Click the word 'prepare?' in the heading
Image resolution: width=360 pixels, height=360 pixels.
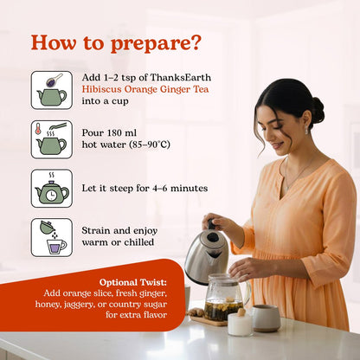pyautogui.click(x=155, y=44)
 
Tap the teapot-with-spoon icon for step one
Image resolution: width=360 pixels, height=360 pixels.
pyautogui.click(x=52, y=90)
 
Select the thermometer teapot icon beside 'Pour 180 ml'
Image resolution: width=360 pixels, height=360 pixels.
pyautogui.click(x=52, y=139)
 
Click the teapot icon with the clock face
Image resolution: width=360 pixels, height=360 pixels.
pyautogui.click(x=52, y=189)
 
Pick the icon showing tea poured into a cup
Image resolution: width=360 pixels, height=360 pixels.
pyautogui.click(x=52, y=237)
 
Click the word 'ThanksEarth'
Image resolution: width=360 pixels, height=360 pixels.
pyautogui.click(x=181, y=77)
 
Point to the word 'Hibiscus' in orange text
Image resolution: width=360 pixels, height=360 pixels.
pyautogui.click(x=101, y=89)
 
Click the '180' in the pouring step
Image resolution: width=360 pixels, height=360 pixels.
pyautogui.click(x=114, y=133)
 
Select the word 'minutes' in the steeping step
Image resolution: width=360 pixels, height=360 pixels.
pyautogui.click(x=189, y=189)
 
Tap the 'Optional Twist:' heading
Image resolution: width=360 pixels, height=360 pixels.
pyautogui.click(x=133, y=282)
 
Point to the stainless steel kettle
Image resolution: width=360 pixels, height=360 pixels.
pyautogui.click(x=207, y=254)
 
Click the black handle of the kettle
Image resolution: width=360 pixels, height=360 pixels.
pyautogui.click(x=213, y=224)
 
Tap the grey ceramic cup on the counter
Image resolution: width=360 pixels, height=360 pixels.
pyautogui.click(x=266, y=318)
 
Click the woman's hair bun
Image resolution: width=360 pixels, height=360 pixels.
pyautogui.click(x=318, y=110)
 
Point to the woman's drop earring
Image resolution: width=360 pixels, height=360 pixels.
pyautogui.click(x=306, y=130)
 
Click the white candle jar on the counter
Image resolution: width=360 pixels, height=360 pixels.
pyautogui.click(x=240, y=324)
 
